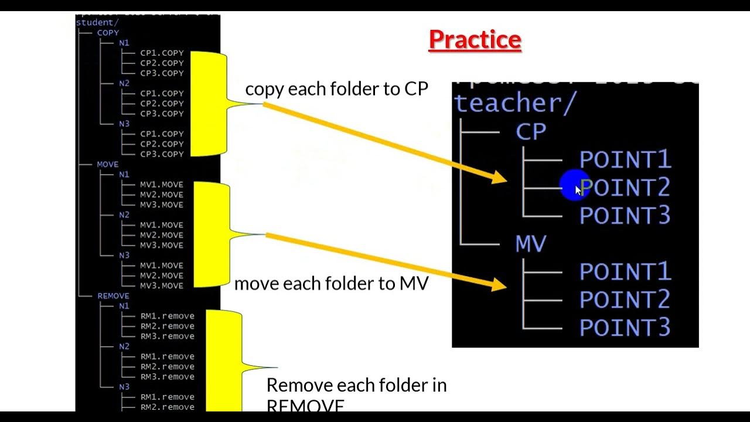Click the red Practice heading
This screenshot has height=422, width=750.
475,40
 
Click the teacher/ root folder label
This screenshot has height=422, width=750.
514,103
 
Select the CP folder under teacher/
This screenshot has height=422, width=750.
531,132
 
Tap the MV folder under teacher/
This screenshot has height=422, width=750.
531,244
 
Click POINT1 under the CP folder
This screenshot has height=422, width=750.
625,159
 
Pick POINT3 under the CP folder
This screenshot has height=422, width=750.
625,216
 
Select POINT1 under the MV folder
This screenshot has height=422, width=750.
625,272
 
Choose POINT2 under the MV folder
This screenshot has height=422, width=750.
625,300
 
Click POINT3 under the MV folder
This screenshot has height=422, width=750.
625,328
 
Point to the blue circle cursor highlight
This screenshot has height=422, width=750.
575,186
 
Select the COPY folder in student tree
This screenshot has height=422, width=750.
108,33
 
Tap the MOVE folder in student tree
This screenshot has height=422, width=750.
107,165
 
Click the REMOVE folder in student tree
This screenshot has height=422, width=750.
113,296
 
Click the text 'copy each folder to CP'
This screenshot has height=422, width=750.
336,89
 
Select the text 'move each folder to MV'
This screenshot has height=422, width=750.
331,284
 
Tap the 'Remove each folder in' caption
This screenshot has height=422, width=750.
356,385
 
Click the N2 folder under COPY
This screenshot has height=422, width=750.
124,83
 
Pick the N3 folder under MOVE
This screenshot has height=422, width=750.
124,256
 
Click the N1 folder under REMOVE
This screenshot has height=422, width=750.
124,306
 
